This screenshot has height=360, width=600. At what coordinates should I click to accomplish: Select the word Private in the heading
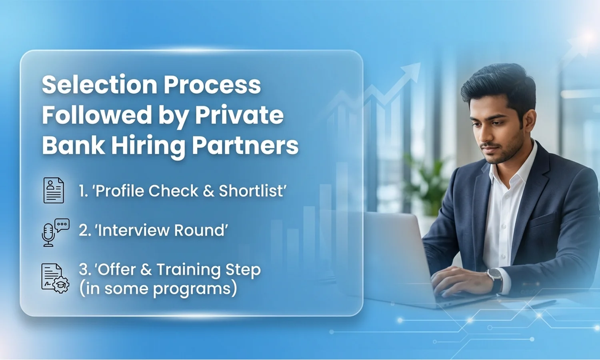(239, 115)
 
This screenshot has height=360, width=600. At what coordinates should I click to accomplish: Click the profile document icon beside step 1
(54, 190)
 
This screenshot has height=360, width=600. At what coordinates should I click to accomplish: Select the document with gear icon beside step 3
(55, 278)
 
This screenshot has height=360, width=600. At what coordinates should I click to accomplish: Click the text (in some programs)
(158, 288)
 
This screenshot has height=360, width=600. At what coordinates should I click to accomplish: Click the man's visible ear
(529, 120)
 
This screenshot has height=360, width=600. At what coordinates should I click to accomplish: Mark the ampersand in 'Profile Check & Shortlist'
(208, 191)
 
